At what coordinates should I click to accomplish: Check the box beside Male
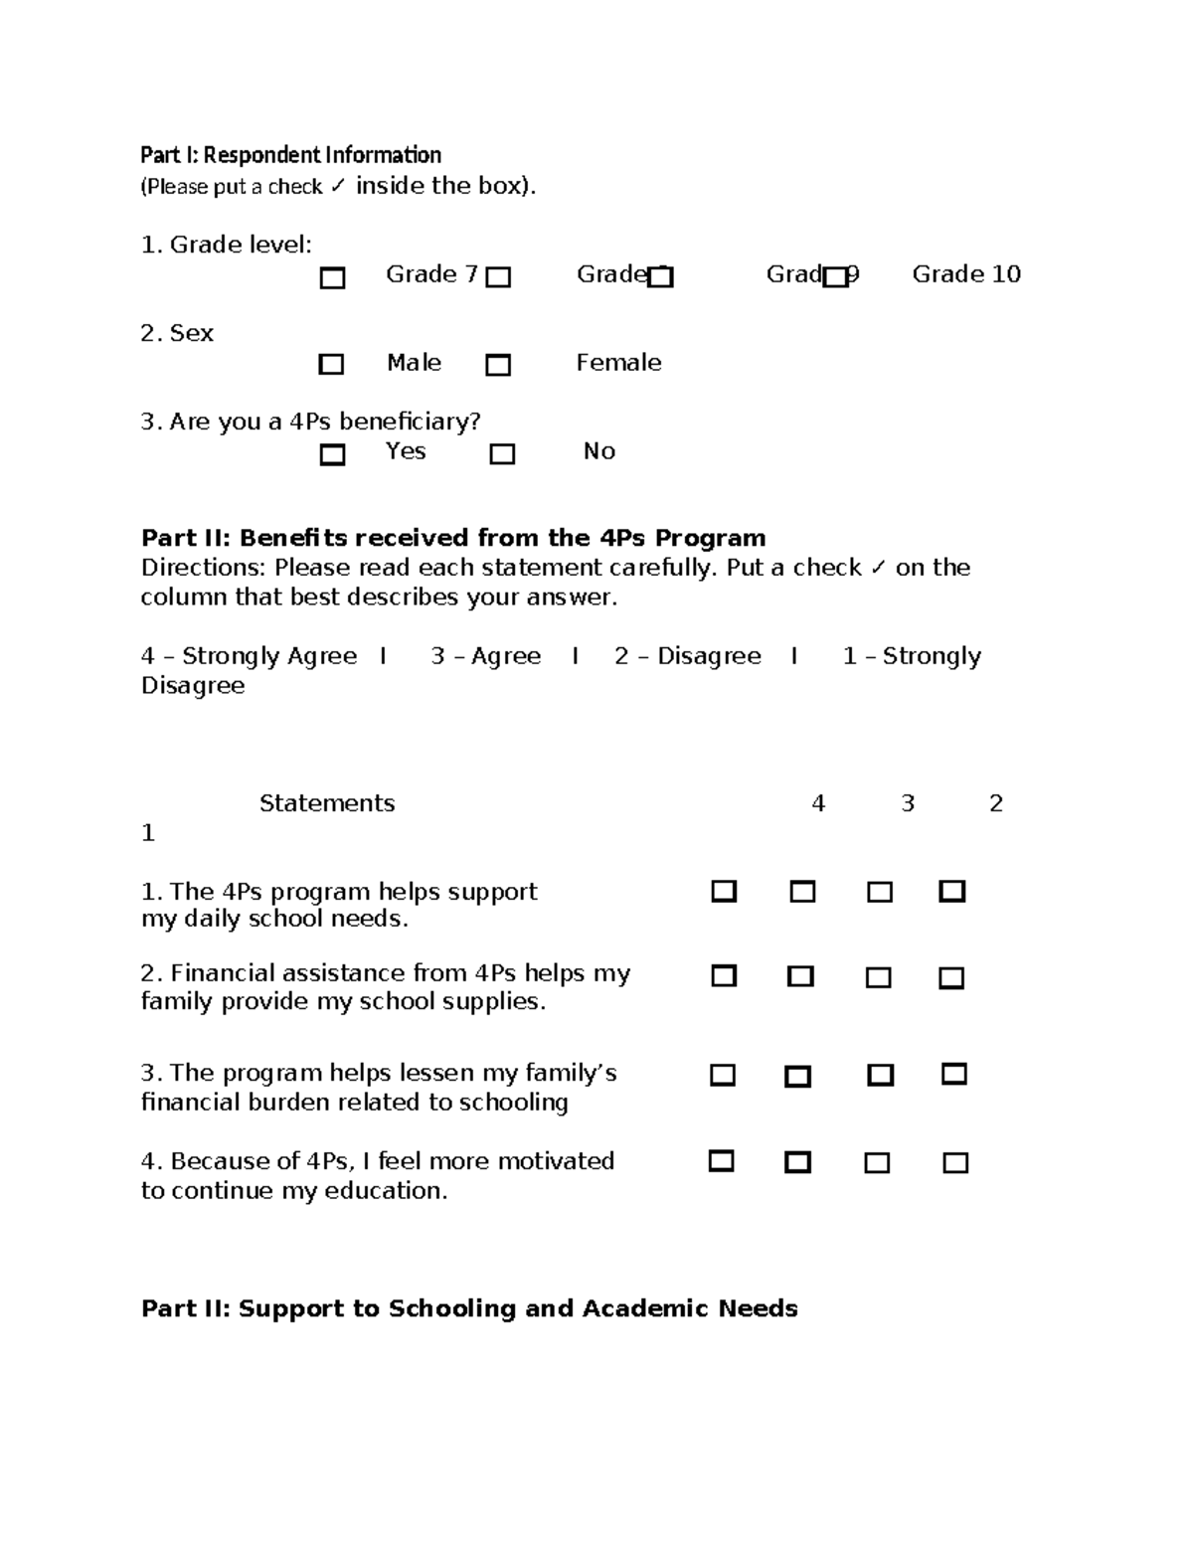pyautogui.click(x=331, y=364)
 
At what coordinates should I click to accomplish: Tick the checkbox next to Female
pyautogui.click(x=498, y=365)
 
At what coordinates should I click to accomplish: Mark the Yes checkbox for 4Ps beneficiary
pyautogui.click(x=332, y=454)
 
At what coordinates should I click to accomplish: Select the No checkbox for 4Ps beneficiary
pyautogui.click(x=502, y=454)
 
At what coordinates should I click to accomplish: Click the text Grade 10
pyautogui.click(x=965, y=274)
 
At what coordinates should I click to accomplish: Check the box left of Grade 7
pyautogui.click(x=332, y=277)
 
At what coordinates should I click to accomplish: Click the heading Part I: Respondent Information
pyautogui.click(x=290, y=155)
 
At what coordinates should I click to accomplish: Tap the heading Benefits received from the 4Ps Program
pyautogui.click(x=453, y=538)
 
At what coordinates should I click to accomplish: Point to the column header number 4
pyautogui.click(x=818, y=803)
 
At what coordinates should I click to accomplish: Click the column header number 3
pyautogui.click(x=907, y=803)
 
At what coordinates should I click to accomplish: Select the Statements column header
pyautogui.click(x=327, y=803)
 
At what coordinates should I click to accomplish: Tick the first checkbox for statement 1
pyautogui.click(x=724, y=891)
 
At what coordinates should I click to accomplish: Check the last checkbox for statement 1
pyautogui.click(x=951, y=891)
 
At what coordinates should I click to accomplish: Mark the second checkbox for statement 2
pyautogui.click(x=800, y=976)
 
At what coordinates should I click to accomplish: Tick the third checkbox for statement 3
pyautogui.click(x=880, y=1075)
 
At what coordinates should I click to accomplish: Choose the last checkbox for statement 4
pyautogui.click(x=955, y=1162)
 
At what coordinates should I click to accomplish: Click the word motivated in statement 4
pyautogui.click(x=556, y=1161)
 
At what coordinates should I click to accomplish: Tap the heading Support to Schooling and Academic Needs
pyautogui.click(x=469, y=1308)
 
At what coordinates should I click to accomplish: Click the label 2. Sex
pyautogui.click(x=177, y=333)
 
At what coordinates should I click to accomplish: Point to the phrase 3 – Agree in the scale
pyautogui.click(x=485, y=656)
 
